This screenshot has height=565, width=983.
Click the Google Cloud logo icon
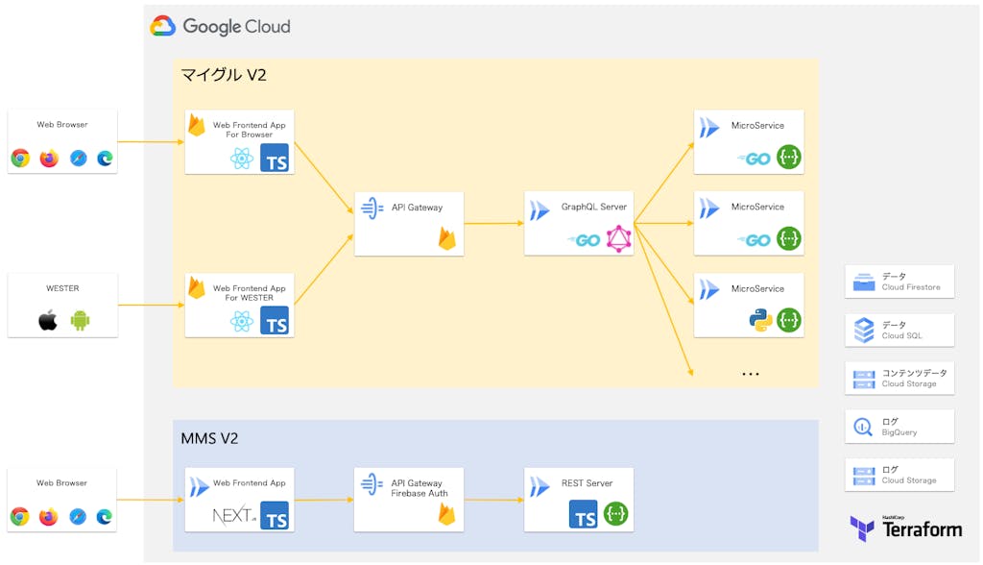[x=162, y=26]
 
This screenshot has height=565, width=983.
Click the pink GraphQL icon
[x=619, y=239]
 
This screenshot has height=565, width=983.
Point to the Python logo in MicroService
[x=761, y=321]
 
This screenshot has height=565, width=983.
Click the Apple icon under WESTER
[x=47, y=320]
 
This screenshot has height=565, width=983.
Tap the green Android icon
[x=79, y=320]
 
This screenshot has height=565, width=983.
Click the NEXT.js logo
[x=234, y=517]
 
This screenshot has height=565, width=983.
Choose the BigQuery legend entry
[x=899, y=427]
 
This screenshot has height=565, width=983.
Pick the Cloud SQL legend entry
[x=899, y=330]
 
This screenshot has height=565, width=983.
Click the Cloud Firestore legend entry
[x=899, y=282]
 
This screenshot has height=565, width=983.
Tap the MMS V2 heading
[x=209, y=439]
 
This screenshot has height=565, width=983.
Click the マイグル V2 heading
[x=224, y=74]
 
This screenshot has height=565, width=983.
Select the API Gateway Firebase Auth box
[x=409, y=500]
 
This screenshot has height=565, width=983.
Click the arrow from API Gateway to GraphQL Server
[x=494, y=223]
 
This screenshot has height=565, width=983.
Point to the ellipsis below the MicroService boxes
[x=750, y=374]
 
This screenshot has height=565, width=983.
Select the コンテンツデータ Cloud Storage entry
[x=899, y=379]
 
